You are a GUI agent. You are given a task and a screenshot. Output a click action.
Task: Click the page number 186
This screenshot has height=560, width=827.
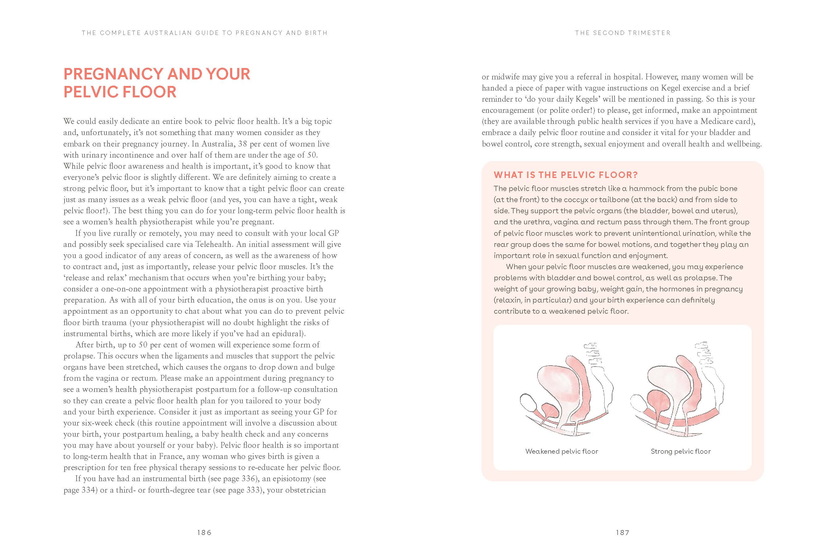(204, 532)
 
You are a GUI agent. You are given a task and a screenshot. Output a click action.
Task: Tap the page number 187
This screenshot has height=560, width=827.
(622, 532)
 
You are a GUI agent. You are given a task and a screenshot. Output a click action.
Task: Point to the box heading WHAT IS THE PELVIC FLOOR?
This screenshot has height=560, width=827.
(565, 175)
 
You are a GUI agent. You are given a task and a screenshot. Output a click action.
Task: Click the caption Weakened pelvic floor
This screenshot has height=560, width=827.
(561, 451)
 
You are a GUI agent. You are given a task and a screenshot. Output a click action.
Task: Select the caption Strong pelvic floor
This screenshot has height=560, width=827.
(680, 451)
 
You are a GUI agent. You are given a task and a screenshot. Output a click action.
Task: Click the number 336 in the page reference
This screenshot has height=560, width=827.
(249, 479)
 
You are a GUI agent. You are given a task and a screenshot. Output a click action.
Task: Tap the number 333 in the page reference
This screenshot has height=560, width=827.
(253, 490)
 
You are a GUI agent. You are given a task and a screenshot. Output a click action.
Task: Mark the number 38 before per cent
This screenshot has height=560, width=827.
(242, 144)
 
